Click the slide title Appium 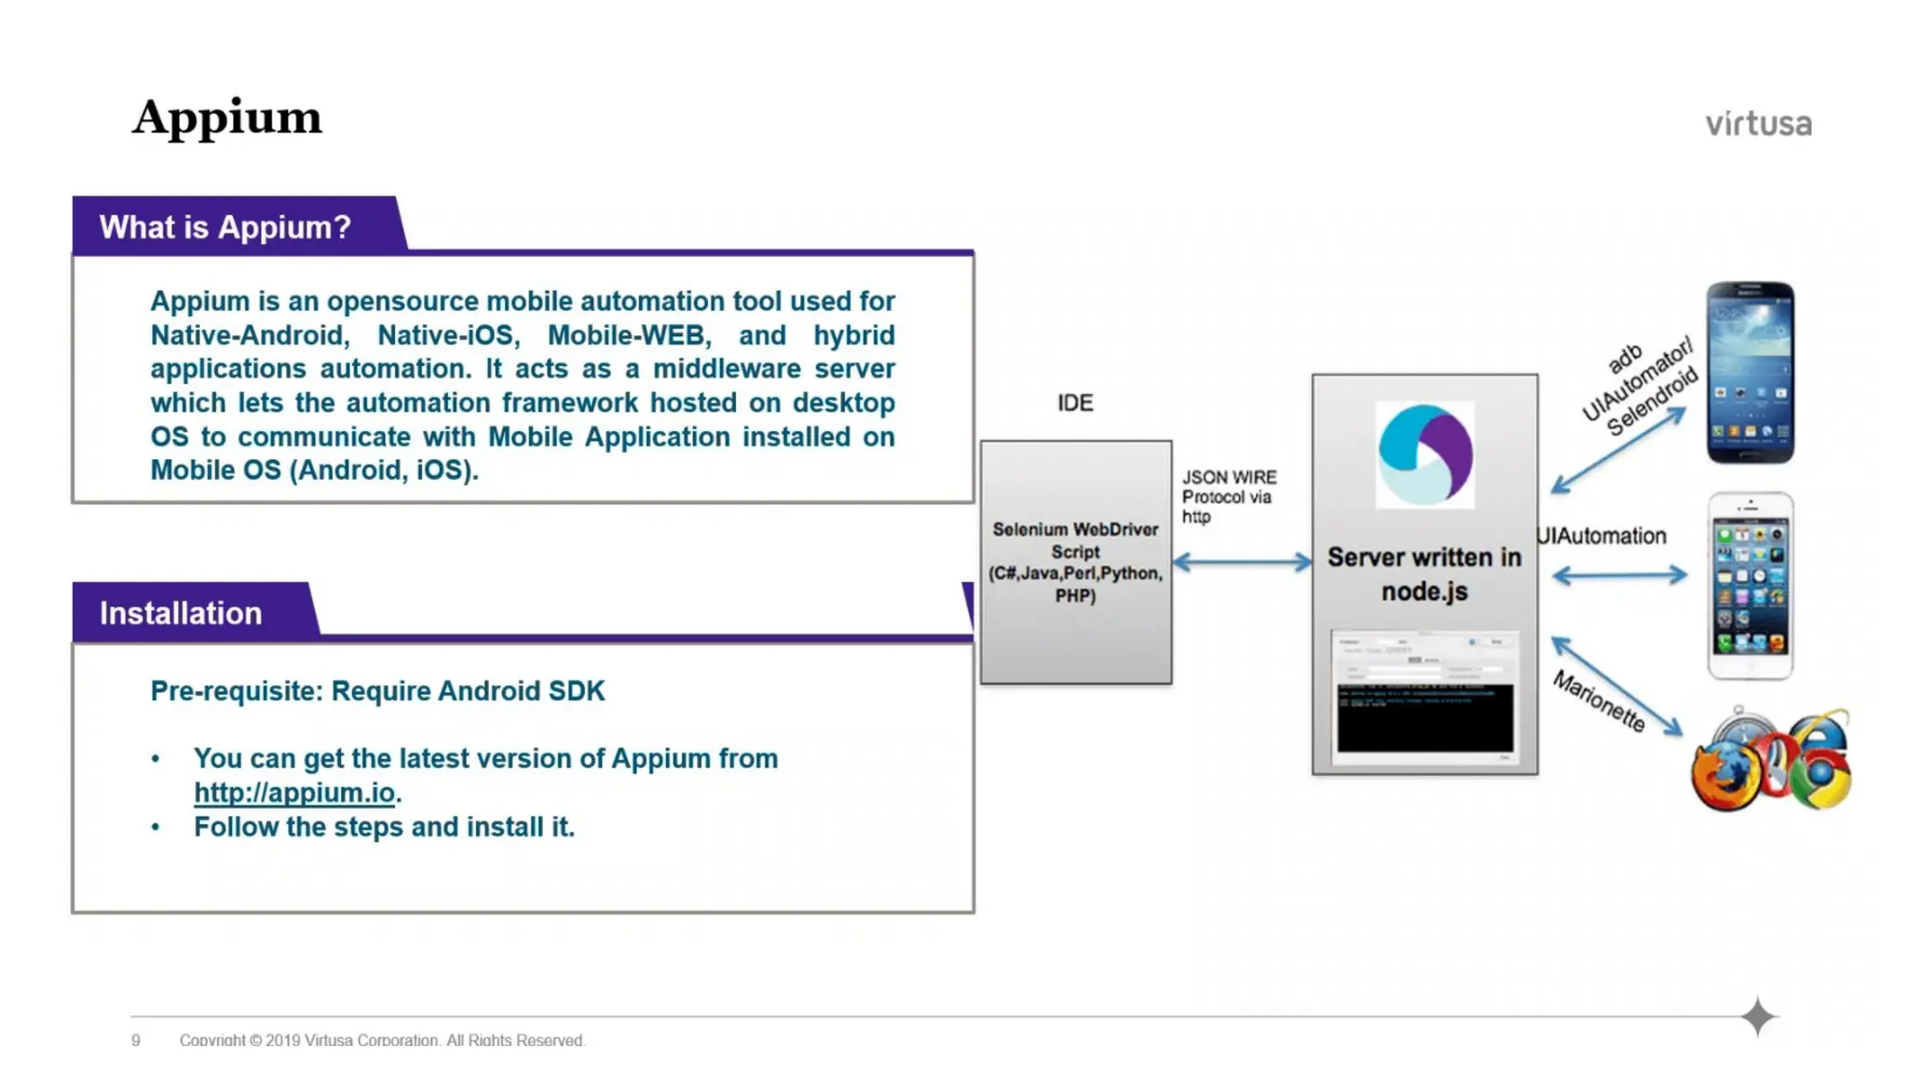point(226,118)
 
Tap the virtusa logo point(1758,124)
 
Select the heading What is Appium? point(225,227)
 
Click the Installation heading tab point(181,613)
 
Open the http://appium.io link point(294,793)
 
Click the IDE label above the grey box point(1075,402)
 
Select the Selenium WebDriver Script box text point(1075,562)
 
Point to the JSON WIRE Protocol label point(1228,496)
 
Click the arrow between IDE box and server point(1241,562)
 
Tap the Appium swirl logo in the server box point(1424,455)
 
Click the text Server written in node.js point(1424,574)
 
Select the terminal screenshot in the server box point(1424,697)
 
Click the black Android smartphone point(1750,373)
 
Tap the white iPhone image point(1750,586)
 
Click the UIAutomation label point(1601,536)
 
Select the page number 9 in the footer point(136,1040)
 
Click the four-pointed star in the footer point(1757,1016)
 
